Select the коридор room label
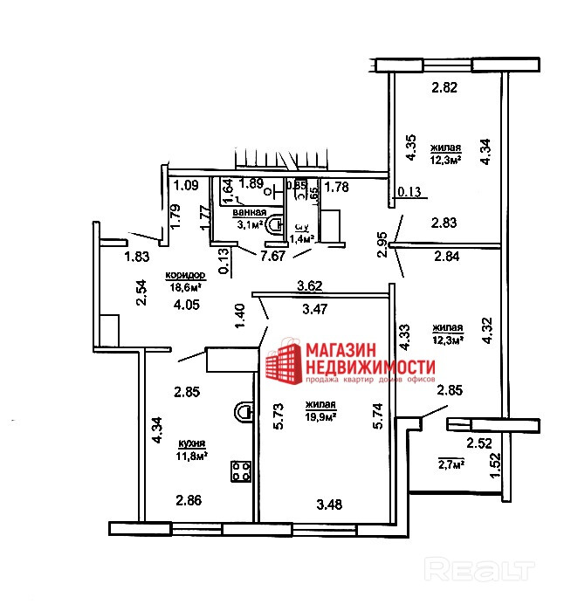point(185,274)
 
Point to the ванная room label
point(249,212)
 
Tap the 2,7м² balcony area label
point(451,463)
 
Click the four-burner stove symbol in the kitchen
point(241,472)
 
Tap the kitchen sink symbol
point(244,409)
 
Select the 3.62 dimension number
point(312,285)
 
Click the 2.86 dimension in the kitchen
point(189,500)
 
